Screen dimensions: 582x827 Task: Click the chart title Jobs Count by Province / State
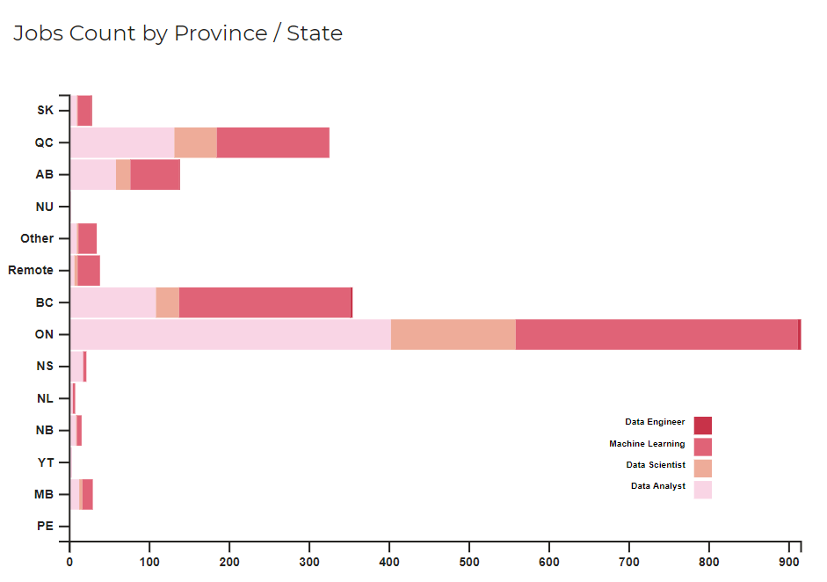click(178, 33)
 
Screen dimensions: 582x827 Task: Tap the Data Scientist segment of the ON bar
click(453, 334)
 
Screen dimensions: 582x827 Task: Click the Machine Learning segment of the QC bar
click(272, 142)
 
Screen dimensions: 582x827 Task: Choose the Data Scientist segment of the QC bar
click(195, 142)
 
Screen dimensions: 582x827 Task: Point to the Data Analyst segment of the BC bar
click(113, 302)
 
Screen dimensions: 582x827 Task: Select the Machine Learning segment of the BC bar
click(265, 302)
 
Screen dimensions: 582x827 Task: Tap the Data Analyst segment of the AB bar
click(93, 174)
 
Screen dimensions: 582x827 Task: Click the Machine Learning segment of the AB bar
click(155, 174)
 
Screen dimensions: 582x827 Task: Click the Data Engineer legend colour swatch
click(702, 425)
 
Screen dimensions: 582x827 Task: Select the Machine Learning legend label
click(647, 444)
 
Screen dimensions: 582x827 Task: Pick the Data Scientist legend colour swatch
click(702, 468)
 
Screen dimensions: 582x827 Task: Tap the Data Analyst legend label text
click(657, 486)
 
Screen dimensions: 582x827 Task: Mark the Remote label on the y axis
click(31, 270)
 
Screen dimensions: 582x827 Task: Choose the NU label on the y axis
click(45, 207)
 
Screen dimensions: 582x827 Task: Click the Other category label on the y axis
click(37, 238)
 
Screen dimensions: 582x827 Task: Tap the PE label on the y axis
click(45, 526)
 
